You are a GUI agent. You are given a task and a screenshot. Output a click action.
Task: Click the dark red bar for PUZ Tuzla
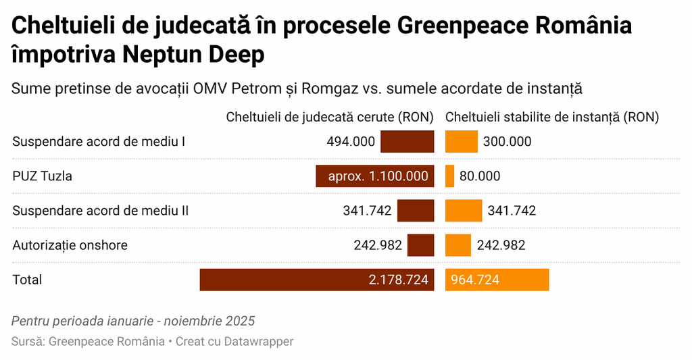coord(374,176)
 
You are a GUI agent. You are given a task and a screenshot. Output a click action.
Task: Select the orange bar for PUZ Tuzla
coord(449,176)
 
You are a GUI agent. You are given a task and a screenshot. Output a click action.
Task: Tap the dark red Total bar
coord(316,280)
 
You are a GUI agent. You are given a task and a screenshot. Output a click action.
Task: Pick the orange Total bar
coord(497,280)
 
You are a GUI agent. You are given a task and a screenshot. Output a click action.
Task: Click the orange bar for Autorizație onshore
coord(458,245)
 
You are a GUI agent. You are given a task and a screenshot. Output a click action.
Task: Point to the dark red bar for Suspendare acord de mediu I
coord(407,142)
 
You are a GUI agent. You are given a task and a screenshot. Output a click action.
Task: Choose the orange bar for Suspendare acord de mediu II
coord(464,211)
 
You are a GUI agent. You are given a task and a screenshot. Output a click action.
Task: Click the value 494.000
coord(350,142)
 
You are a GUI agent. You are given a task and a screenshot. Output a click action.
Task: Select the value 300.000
coord(507,142)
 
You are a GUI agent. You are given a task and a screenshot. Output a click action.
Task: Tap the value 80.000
coord(480,176)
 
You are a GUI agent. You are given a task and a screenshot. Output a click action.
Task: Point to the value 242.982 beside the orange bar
coord(501,245)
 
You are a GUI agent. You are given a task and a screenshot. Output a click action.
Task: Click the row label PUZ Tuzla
coord(42,176)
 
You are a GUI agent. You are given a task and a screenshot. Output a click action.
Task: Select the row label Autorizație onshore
coord(70,245)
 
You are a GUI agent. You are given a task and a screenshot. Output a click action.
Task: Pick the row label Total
coord(27,280)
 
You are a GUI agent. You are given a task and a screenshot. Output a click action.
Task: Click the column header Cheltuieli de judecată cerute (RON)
coord(330,117)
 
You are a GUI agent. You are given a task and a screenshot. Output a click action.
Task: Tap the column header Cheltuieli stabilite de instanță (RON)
coord(551,117)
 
